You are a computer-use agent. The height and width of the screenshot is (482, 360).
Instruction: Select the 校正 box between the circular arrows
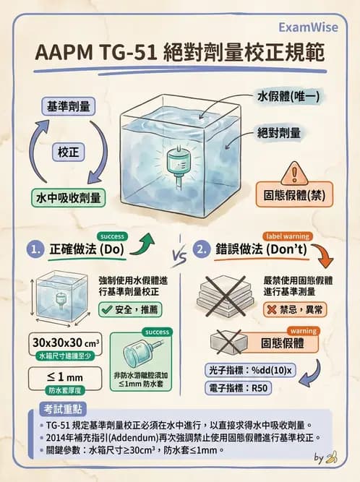[69, 152]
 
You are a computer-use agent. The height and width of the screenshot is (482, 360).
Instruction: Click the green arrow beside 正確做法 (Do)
[148, 241]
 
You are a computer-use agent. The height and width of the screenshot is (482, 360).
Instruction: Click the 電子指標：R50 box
[241, 390]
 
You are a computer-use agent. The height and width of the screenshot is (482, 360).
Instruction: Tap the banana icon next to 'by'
[332, 457]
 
